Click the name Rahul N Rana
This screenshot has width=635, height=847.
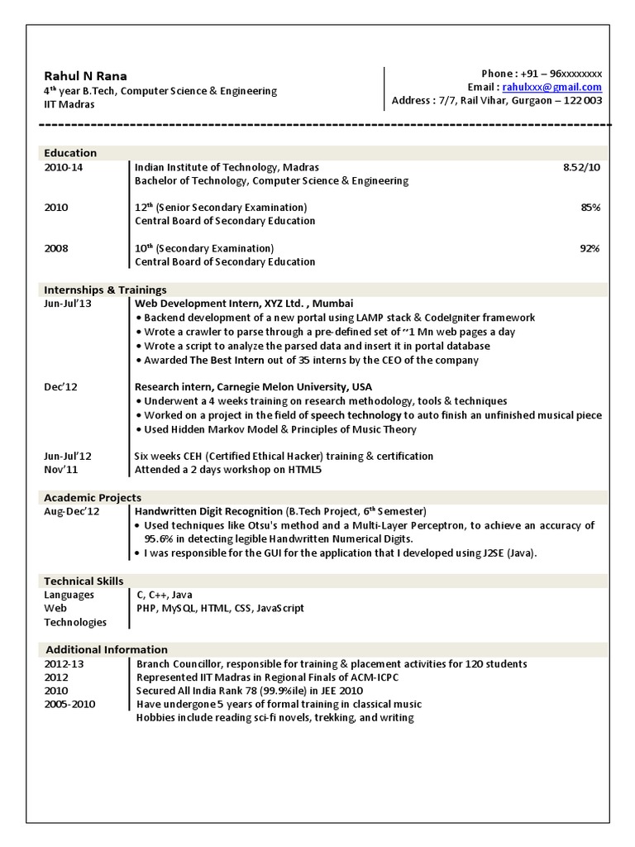pos(86,76)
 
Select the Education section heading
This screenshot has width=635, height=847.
pos(70,153)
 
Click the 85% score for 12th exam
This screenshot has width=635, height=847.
pos(590,208)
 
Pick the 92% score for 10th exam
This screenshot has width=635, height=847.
pos(590,248)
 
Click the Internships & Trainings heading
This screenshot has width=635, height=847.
pos(105,290)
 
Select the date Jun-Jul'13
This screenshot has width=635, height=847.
pos(67,304)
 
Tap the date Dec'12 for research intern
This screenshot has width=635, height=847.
pos(60,387)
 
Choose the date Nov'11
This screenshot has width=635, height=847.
pos(61,470)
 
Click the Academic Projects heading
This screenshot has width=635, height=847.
pos(93,498)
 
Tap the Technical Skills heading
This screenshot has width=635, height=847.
pos(84,581)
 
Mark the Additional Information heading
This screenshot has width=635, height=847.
pos(107,650)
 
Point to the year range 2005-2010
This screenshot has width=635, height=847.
pos(70,704)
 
